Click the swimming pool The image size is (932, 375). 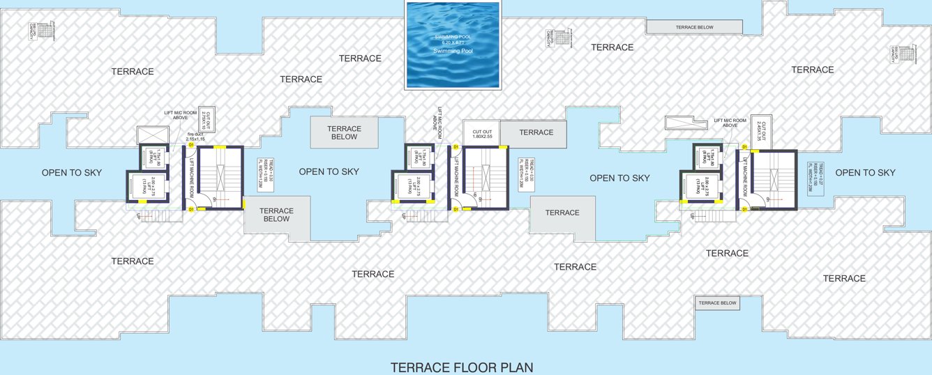tap(453, 45)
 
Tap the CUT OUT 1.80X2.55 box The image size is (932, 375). tap(481, 132)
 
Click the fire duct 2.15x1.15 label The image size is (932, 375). tap(195, 139)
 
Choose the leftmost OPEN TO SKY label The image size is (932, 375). tap(71, 173)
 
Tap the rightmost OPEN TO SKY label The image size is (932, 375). tap(865, 173)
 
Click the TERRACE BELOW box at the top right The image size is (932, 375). tap(693, 26)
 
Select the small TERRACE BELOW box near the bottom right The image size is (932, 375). tap(717, 303)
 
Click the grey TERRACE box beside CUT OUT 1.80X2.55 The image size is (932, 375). tap(536, 132)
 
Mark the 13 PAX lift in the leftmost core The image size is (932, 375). tap(146, 187)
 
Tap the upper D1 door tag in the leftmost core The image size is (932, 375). tap(190, 147)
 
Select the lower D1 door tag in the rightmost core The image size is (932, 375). tap(744, 207)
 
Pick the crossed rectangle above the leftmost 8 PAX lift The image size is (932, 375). tap(153, 136)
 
